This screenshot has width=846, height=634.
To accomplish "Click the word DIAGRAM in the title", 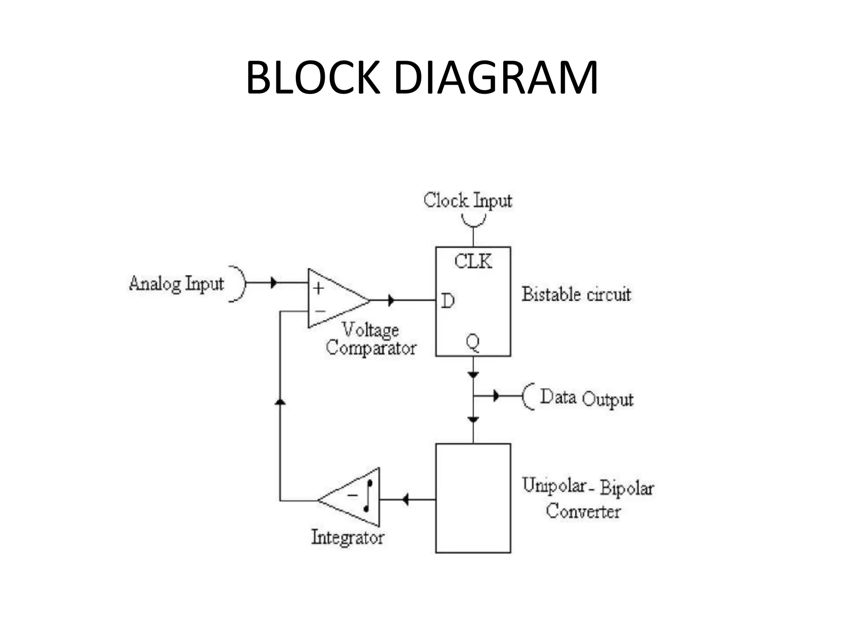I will [496, 78].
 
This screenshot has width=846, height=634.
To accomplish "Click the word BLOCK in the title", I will [313, 78].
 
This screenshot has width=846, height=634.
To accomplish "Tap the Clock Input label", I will [468, 201].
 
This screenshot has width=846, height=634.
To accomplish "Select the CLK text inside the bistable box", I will [473, 262].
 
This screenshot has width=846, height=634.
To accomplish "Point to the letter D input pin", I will [448, 301].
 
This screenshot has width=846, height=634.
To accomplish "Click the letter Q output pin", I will [473, 343].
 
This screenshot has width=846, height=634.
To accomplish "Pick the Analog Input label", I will [176, 284].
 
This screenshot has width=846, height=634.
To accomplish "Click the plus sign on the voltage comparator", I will [318, 288].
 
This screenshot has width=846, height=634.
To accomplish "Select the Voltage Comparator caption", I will [371, 339].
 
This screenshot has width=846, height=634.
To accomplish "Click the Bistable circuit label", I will [576, 295].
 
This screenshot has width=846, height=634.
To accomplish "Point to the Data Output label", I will [587, 398].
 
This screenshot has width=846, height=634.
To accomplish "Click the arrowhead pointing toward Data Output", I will [496, 396].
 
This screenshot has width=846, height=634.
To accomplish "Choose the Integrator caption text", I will [347, 537].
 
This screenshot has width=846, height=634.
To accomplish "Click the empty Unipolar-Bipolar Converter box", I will [473, 498].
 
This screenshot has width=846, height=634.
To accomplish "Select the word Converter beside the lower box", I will [583, 512].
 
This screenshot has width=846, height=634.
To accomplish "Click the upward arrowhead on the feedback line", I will [280, 401].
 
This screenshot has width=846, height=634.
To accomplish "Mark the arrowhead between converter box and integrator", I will [405, 499].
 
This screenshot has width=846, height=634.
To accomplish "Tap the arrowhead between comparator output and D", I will [391, 300].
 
